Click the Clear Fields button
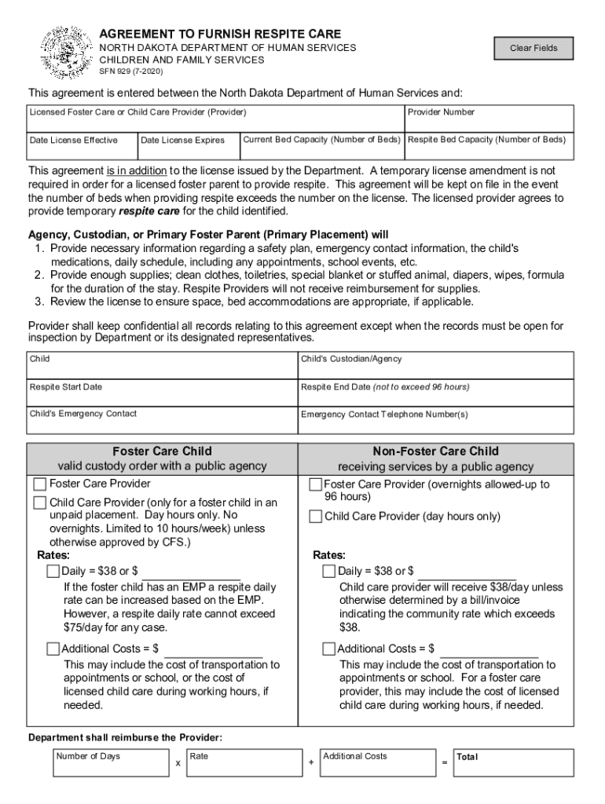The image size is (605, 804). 533,49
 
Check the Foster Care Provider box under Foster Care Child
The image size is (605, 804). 40,484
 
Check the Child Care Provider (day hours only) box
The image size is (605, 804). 315,517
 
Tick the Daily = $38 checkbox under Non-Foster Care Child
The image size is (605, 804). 329,571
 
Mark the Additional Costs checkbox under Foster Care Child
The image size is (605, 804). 53,649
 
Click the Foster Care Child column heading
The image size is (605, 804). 162,451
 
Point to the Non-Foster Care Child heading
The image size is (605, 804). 435,451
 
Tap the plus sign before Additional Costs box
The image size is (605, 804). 311,763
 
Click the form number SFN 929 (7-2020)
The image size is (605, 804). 131,71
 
